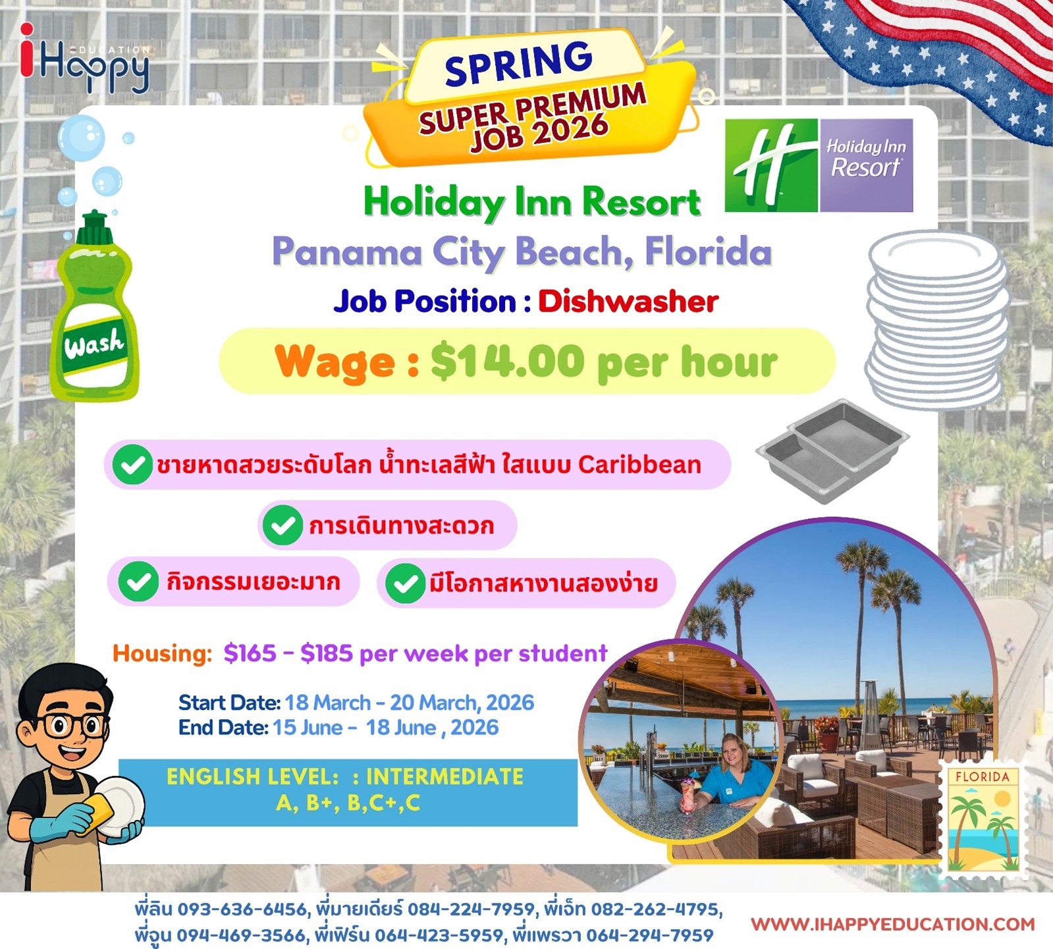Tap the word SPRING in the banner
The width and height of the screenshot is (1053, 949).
coord(519,63)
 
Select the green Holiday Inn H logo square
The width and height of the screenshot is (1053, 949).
coord(771,165)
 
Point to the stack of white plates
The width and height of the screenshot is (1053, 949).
coord(936,319)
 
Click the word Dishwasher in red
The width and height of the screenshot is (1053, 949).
coord(628,302)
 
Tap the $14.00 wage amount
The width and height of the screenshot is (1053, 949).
coord(508,362)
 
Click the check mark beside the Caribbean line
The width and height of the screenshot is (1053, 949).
coord(132,464)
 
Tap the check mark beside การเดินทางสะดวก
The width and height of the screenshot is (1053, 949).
coord(283,525)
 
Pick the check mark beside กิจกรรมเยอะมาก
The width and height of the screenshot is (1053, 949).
coord(138,582)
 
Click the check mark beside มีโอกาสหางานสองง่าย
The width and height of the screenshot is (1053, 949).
coord(405,583)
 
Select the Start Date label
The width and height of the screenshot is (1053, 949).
coord(230,703)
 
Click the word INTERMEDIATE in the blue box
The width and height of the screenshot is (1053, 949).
coord(445,777)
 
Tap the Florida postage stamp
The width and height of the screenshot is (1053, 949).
coord(984,820)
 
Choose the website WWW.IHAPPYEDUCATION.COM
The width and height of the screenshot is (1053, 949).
coord(893,924)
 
